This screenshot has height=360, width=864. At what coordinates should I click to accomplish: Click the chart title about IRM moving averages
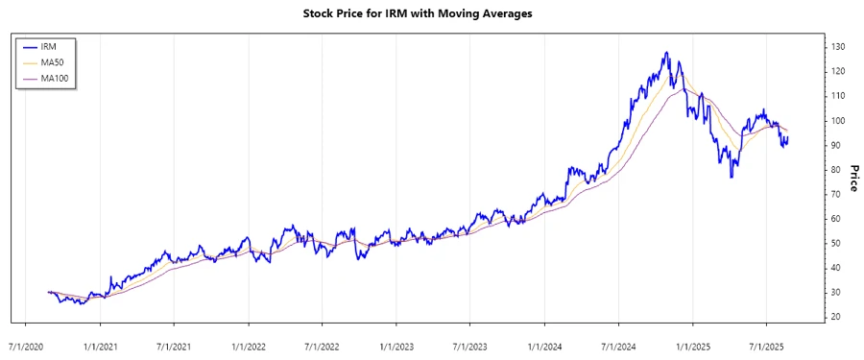431,13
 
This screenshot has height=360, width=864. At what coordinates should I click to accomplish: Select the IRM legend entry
44,45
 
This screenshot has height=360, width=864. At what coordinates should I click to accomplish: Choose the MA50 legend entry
44,61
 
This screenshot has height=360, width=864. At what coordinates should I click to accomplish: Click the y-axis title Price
852,178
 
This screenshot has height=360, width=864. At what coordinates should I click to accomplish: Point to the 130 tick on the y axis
838,47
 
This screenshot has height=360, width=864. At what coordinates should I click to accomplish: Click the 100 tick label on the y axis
838,121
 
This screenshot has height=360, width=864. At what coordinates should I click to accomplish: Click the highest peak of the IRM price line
665,53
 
